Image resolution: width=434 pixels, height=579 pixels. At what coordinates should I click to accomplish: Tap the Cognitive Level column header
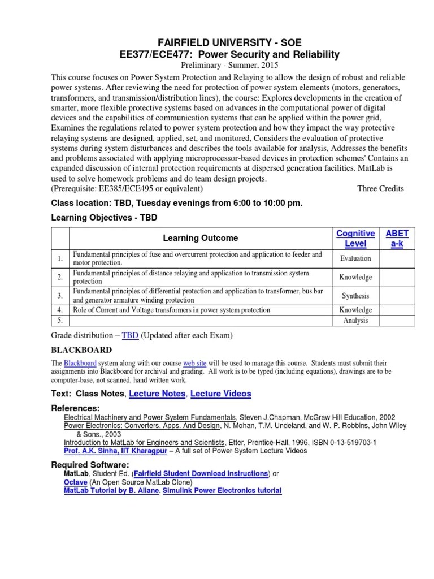tap(355, 238)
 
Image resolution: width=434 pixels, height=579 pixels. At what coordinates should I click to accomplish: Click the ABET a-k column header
tap(397, 238)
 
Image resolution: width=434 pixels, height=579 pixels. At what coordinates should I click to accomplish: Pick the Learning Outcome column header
tap(201, 238)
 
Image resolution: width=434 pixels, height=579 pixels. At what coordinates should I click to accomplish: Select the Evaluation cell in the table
tap(355, 258)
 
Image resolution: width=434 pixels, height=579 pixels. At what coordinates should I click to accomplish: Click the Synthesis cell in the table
tap(355, 296)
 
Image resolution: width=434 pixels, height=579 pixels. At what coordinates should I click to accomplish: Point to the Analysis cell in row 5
tap(355, 321)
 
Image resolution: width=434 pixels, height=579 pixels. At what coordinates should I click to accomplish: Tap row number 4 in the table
tap(60, 310)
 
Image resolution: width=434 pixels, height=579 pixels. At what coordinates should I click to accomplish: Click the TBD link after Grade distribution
tap(130, 335)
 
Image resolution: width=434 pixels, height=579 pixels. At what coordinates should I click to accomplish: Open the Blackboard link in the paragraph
tap(80, 362)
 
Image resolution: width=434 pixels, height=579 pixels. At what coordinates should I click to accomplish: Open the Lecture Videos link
tap(221, 394)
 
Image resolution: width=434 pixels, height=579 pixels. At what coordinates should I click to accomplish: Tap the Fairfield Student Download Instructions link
tap(212, 473)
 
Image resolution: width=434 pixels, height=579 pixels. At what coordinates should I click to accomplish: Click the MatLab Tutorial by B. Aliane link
tap(112, 491)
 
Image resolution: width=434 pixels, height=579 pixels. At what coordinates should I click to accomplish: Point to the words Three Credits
tap(380, 188)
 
